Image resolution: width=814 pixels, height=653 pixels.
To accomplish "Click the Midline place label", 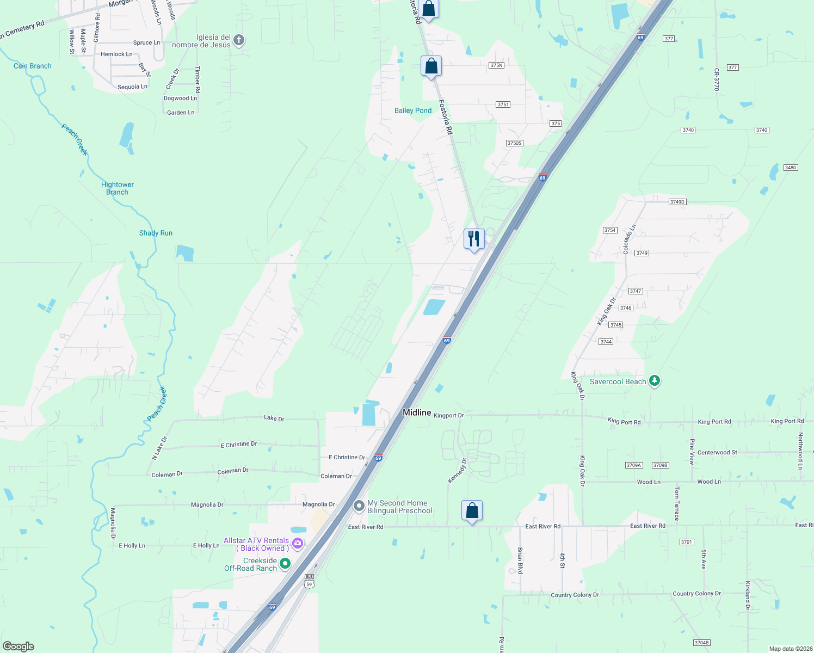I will click(x=417, y=412).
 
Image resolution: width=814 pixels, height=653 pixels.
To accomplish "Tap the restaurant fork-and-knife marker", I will click(x=474, y=238).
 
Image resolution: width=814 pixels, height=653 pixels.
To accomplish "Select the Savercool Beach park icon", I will click(x=655, y=381).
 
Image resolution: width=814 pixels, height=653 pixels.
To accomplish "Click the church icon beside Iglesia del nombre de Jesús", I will click(x=239, y=40).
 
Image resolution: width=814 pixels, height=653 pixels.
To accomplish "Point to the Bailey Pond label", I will click(x=412, y=110).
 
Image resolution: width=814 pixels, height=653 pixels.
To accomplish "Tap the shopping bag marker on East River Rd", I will click(x=472, y=510).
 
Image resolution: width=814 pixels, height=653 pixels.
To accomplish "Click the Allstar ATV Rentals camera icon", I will click(x=297, y=543).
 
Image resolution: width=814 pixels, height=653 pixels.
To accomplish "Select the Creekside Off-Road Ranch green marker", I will click(x=285, y=564).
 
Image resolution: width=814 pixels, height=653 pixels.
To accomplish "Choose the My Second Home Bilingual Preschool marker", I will click(x=359, y=506).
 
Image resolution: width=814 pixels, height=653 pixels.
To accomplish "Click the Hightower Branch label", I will click(x=118, y=188).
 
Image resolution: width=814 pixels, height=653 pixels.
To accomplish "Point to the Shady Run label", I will click(x=156, y=233).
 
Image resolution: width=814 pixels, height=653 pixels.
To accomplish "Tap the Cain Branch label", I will click(x=33, y=66).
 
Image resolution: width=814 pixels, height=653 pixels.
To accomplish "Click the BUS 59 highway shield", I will click(x=309, y=581).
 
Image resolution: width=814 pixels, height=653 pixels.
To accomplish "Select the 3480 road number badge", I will click(x=791, y=168).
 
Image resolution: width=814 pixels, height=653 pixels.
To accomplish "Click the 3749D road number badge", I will click(x=677, y=202).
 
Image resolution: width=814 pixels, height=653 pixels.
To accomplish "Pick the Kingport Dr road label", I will click(x=448, y=415).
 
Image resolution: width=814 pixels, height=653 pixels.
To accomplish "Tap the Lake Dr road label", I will click(x=274, y=418).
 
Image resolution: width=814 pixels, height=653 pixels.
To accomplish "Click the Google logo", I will click(x=18, y=646).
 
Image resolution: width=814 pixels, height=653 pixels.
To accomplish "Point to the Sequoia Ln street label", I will click(x=132, y=87).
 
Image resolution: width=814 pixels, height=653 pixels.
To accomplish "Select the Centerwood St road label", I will click(x=717, y=452).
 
